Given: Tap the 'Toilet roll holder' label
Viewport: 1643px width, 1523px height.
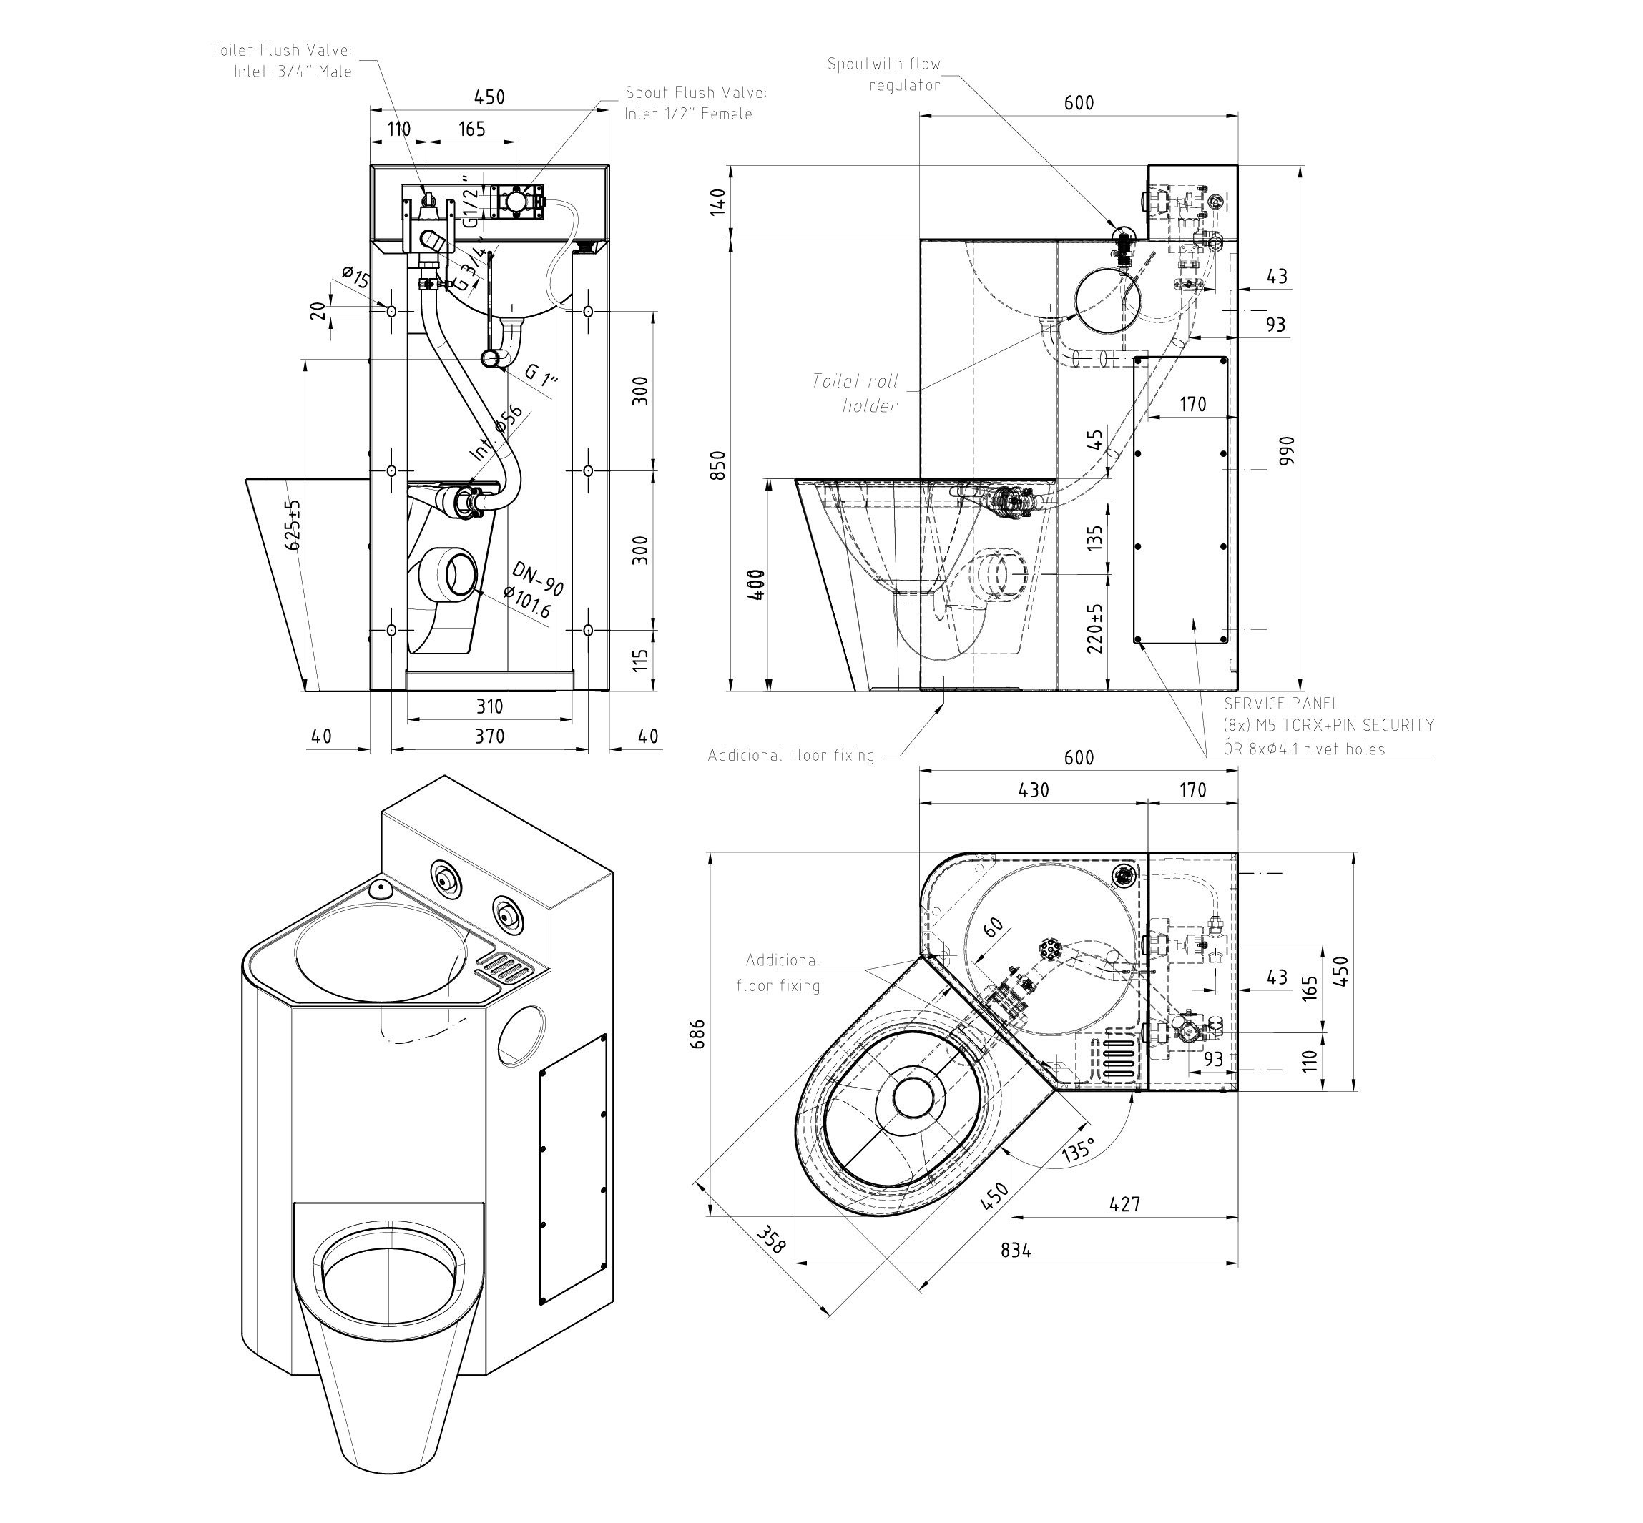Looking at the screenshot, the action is [855, 393].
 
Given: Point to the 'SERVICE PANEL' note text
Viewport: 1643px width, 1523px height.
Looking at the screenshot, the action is [1281, 703].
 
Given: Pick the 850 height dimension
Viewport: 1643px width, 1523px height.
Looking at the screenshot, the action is [718, 465].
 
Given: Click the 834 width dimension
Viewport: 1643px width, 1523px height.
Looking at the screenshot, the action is [1016, 1250].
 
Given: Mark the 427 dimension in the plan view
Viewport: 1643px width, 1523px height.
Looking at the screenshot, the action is [1124, 1204].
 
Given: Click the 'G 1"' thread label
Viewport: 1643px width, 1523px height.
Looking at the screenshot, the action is [541, 375].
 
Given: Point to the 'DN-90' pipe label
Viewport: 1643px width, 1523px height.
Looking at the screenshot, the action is [537, 578].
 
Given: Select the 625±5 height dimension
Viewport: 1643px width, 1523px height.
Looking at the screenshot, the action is [293, 523].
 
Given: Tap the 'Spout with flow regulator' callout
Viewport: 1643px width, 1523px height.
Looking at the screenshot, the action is [884, 74].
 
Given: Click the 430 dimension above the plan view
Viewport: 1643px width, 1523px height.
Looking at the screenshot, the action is [1034, 789].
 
